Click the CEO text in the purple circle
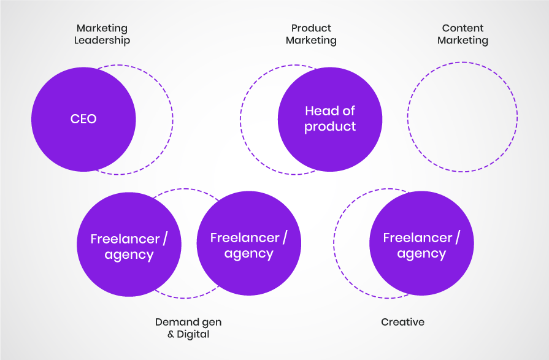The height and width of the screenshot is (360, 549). coord(83,119)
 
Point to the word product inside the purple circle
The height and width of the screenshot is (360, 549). coord(330,127)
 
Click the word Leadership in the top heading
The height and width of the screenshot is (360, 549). coord(102,40)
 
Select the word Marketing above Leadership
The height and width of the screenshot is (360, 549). coord(102,28)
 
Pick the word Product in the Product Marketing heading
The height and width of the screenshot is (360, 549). coord(311,28)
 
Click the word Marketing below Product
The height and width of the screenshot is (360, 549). coord(311,40)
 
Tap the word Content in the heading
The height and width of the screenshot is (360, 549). coord(463,28)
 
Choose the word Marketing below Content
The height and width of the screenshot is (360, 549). coord(463,40)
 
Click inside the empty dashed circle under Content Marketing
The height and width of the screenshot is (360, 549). coord(463,117)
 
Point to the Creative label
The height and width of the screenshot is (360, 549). coord(402,322)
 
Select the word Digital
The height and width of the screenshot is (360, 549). coord(193,334)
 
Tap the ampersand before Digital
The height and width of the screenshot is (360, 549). coord(171,334)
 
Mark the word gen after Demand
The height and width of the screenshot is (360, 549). coord(210,322)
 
